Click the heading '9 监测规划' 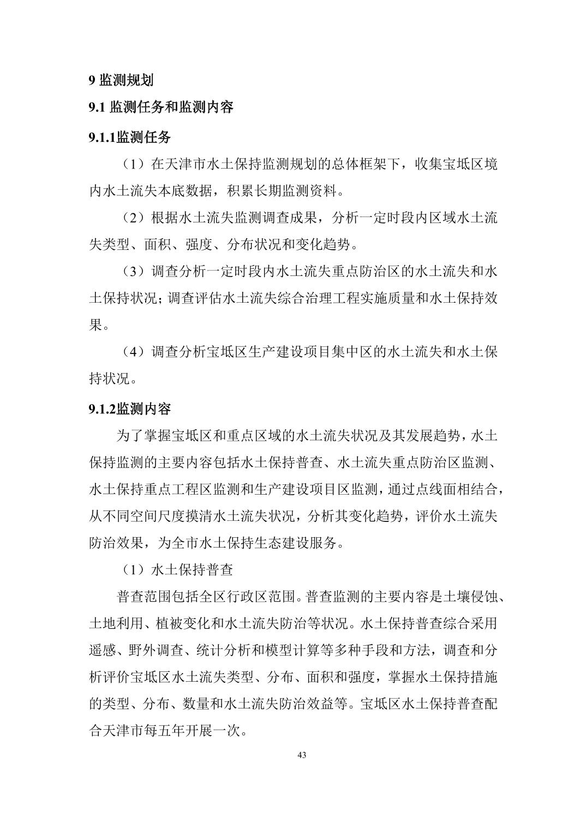[121, 80]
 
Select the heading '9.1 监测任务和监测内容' [161, 107]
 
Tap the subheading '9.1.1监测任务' [129, 137]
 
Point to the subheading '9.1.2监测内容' [129, 409]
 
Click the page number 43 [302, 755]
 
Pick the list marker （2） [131, 218]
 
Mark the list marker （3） [131, 271]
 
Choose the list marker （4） [131, 352]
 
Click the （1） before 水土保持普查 [131, 570]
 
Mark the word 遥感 [103, 651]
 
